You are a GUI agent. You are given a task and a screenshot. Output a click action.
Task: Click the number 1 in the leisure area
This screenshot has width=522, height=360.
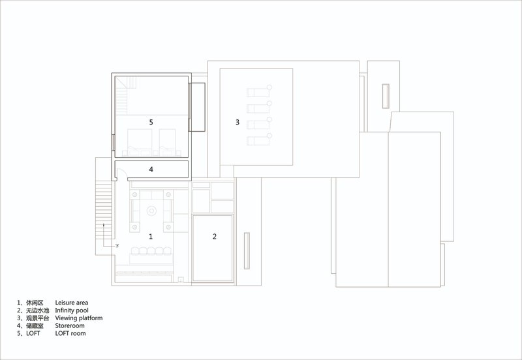151,237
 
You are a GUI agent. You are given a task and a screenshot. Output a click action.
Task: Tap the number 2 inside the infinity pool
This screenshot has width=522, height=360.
215,237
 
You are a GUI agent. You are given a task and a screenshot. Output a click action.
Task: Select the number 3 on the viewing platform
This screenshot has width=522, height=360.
238,122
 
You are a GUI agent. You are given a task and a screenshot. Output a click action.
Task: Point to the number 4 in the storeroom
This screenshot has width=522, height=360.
151,170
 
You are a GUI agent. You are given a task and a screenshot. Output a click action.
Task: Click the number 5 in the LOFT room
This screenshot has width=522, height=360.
151,122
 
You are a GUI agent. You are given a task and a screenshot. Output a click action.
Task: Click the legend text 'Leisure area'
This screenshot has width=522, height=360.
72,303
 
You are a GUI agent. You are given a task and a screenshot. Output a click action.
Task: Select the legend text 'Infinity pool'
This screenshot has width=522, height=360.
72,310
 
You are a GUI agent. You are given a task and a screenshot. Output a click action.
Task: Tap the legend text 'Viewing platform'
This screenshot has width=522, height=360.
79,318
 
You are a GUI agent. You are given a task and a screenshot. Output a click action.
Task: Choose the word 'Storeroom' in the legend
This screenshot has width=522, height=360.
70,325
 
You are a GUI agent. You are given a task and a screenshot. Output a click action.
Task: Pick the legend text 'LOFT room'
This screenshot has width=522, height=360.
70,333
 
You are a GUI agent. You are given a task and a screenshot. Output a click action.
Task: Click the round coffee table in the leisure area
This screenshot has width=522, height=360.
151,211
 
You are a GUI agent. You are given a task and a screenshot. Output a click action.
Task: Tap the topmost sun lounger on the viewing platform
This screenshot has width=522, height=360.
259,91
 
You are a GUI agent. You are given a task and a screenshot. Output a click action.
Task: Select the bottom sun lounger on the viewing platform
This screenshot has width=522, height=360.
259,140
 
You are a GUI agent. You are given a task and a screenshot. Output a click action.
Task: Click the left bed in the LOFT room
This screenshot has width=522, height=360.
140,142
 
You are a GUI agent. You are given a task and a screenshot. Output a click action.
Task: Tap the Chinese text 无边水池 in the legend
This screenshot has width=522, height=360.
38,310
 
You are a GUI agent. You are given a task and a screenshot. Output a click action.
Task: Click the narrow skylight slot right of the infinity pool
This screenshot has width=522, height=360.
247,251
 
